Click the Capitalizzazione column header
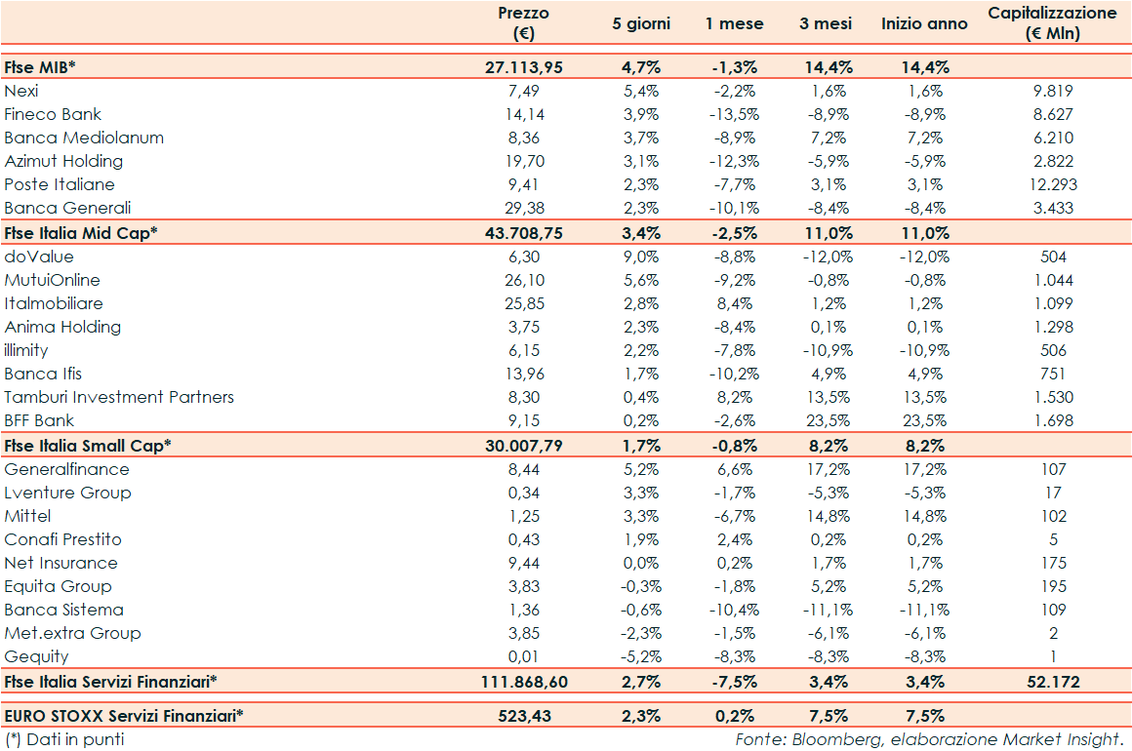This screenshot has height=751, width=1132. [1052, 23]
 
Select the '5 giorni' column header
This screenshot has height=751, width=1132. [641, 23]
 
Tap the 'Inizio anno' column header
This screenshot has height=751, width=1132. [924, 23]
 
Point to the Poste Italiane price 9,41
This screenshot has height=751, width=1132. [524, 184]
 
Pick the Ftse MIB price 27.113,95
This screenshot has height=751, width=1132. [524, 67]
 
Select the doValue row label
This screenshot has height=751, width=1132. [39, 257]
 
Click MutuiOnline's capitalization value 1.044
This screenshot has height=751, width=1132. [1053, 280]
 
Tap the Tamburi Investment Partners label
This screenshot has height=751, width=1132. [119, 397]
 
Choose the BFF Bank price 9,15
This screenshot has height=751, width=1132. [524, 420]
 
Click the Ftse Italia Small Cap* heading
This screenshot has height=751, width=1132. [88, 445]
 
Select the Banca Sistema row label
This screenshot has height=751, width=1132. [64, 610]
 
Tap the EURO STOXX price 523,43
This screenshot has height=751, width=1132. [524, 716]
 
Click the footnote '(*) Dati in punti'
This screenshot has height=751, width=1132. [64, 739]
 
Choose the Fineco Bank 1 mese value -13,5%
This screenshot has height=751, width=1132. [734, 114]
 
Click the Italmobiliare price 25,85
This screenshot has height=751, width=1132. [524, 303]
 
